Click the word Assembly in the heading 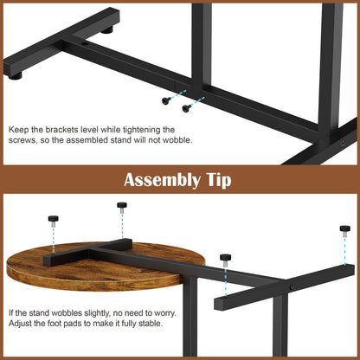coord(163,180)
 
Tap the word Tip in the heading coord(219,180)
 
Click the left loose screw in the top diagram coord(166,100)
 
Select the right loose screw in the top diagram coord(187,108)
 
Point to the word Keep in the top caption coord(18,130)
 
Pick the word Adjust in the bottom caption coord(20,324)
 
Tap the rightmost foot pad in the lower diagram coord(345,231)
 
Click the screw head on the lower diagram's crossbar coord(292,287)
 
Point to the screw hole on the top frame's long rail coord(85,44)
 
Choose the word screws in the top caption coord(22,140)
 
